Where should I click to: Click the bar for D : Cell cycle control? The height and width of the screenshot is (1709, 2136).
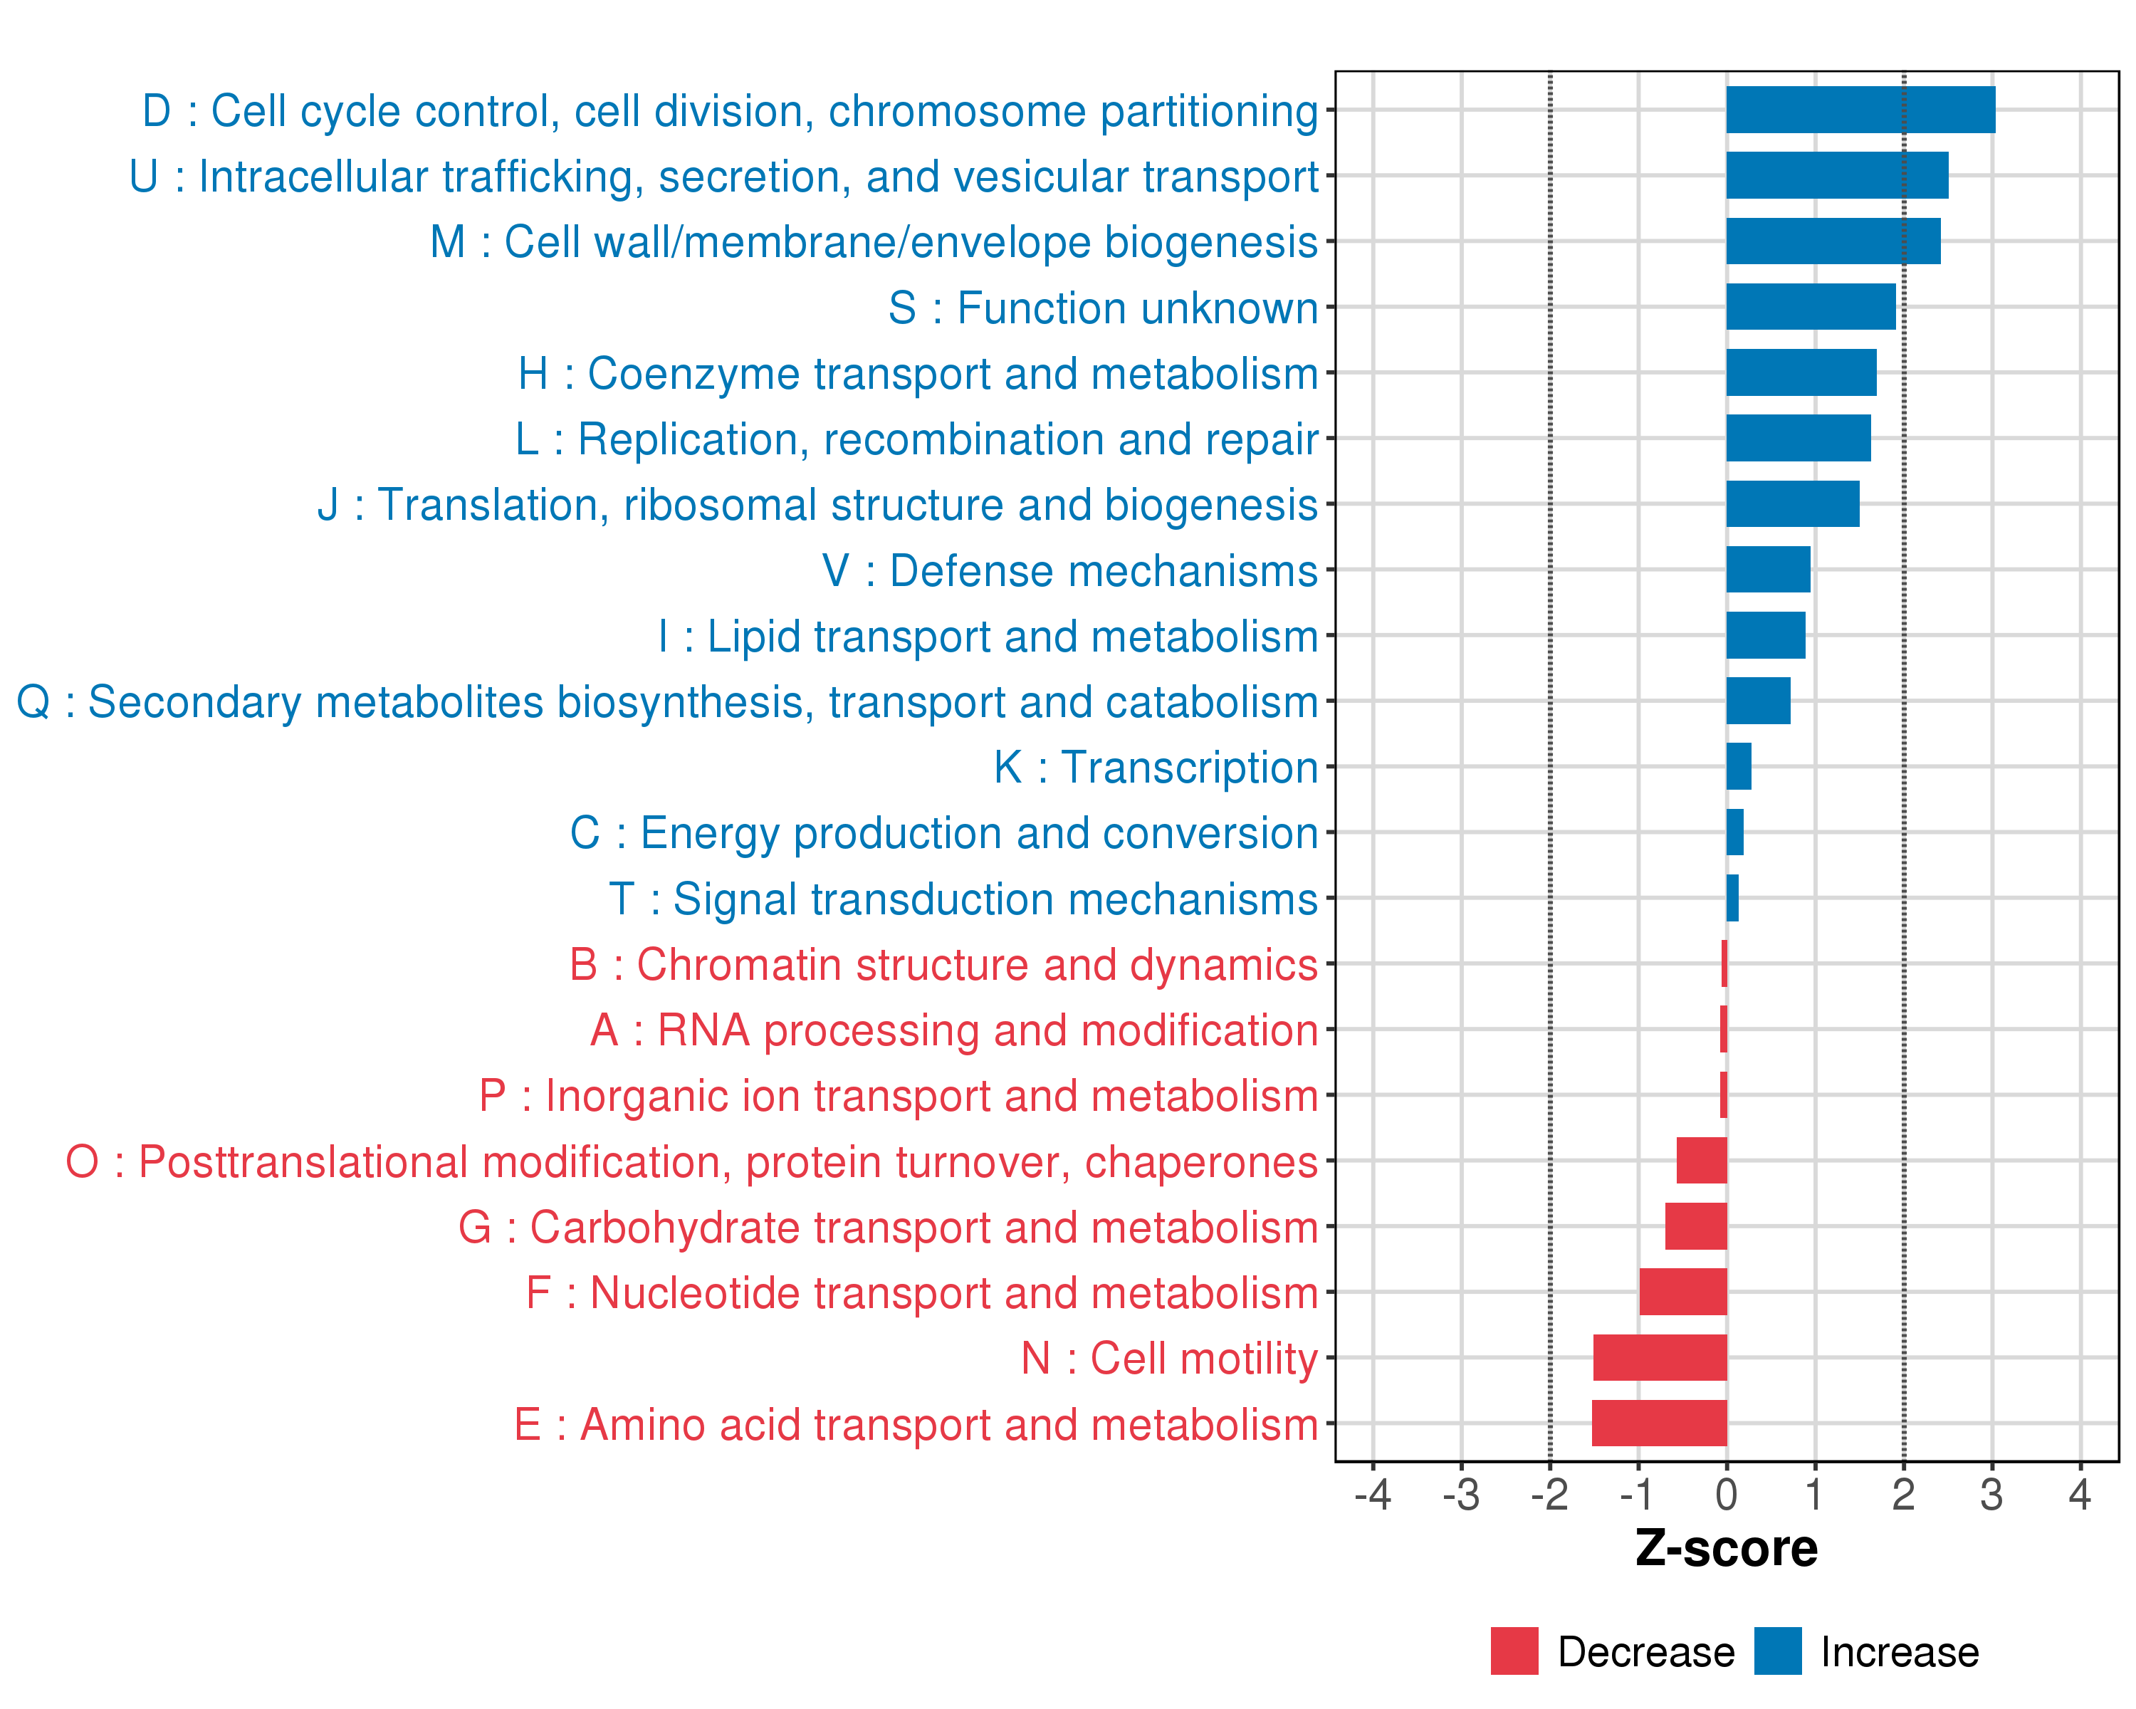1860,110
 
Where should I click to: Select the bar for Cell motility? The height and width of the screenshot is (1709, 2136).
1660,1357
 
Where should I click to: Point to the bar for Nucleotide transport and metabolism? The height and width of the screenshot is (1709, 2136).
1682,1292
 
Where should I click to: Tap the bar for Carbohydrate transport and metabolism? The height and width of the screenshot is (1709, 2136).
1695,1226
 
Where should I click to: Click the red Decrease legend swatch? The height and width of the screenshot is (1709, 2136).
1514,1651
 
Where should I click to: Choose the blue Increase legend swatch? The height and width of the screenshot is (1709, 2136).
1777,1651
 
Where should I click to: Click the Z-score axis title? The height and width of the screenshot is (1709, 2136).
1726,1549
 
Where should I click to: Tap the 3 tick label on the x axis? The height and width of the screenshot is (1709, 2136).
1991,1495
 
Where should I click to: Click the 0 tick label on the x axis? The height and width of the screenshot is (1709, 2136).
1726,1495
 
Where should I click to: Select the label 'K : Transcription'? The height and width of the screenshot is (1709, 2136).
1155,768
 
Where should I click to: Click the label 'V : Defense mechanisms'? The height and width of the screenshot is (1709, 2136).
1070,570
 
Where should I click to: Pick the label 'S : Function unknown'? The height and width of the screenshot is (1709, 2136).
1103,308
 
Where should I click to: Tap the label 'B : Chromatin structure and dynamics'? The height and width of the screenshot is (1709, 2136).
943,965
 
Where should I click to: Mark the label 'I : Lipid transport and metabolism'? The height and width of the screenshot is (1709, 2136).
988,636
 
